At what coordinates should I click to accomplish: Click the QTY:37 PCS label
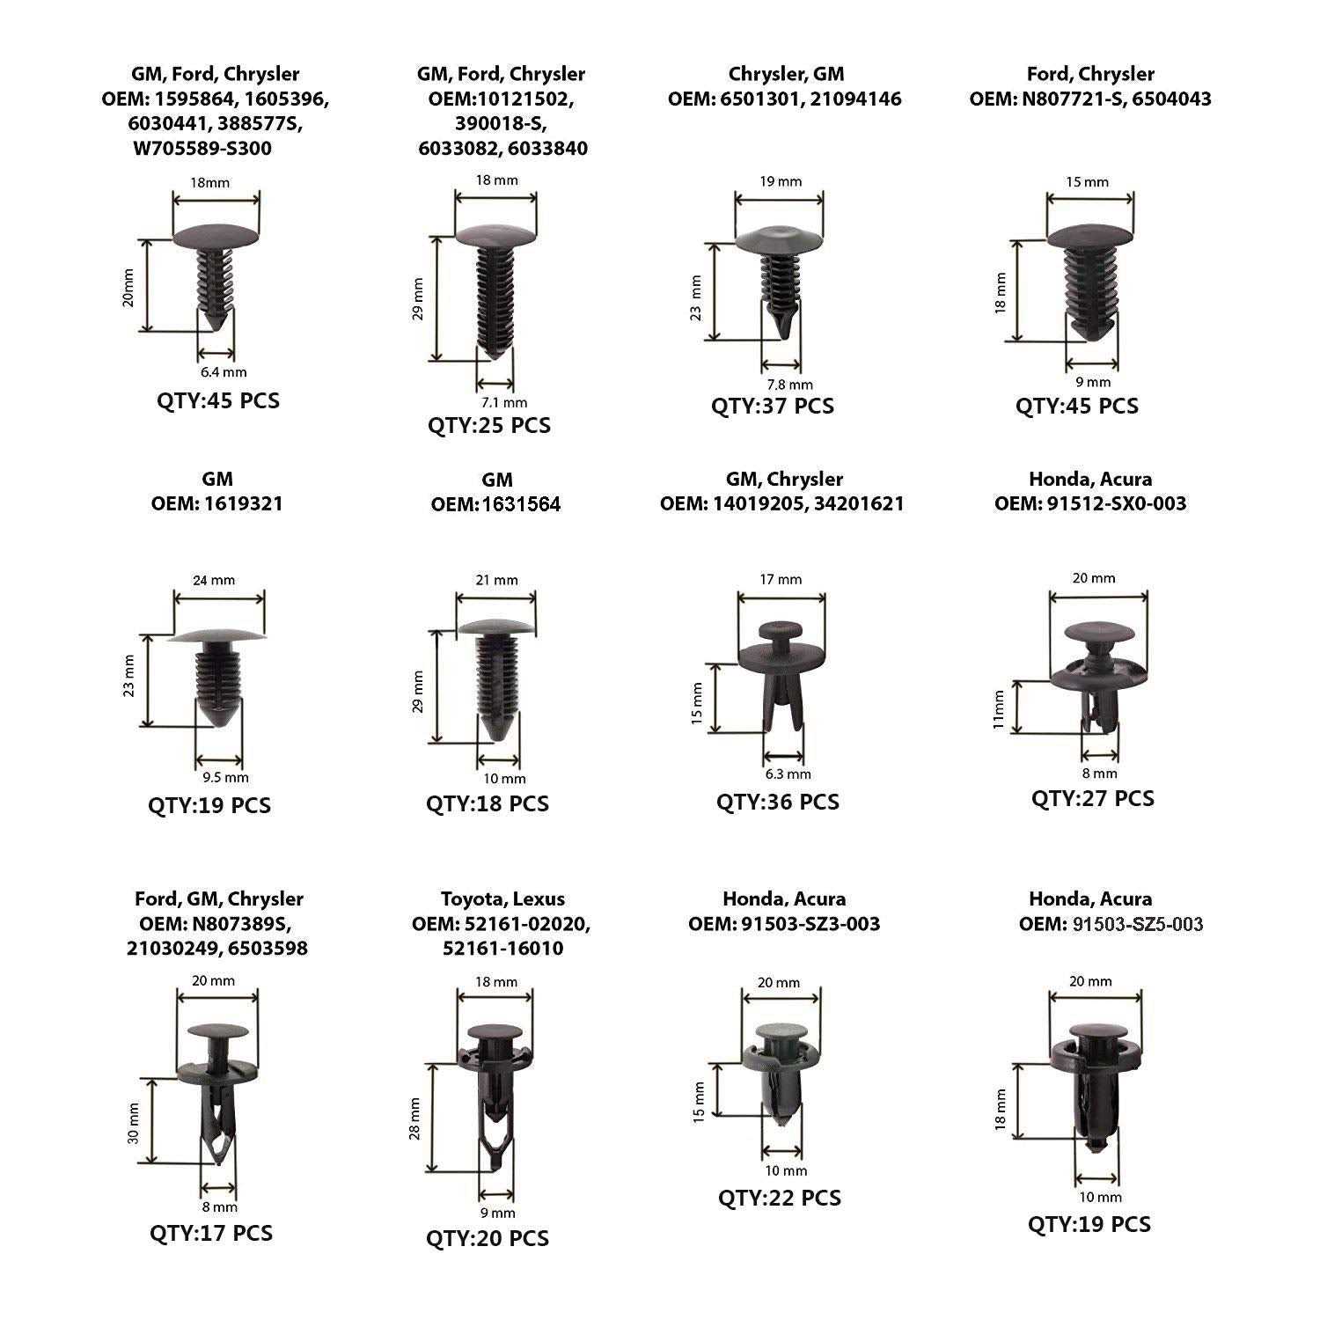pos(773,406)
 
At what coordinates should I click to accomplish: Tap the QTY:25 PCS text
pos(489,425)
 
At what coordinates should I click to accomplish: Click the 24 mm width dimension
pos(214,580)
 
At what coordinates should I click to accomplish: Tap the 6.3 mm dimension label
pos(788,774)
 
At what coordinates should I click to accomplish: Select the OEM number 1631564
pos(522,504)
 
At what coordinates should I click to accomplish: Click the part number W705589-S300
pos(202,149)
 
